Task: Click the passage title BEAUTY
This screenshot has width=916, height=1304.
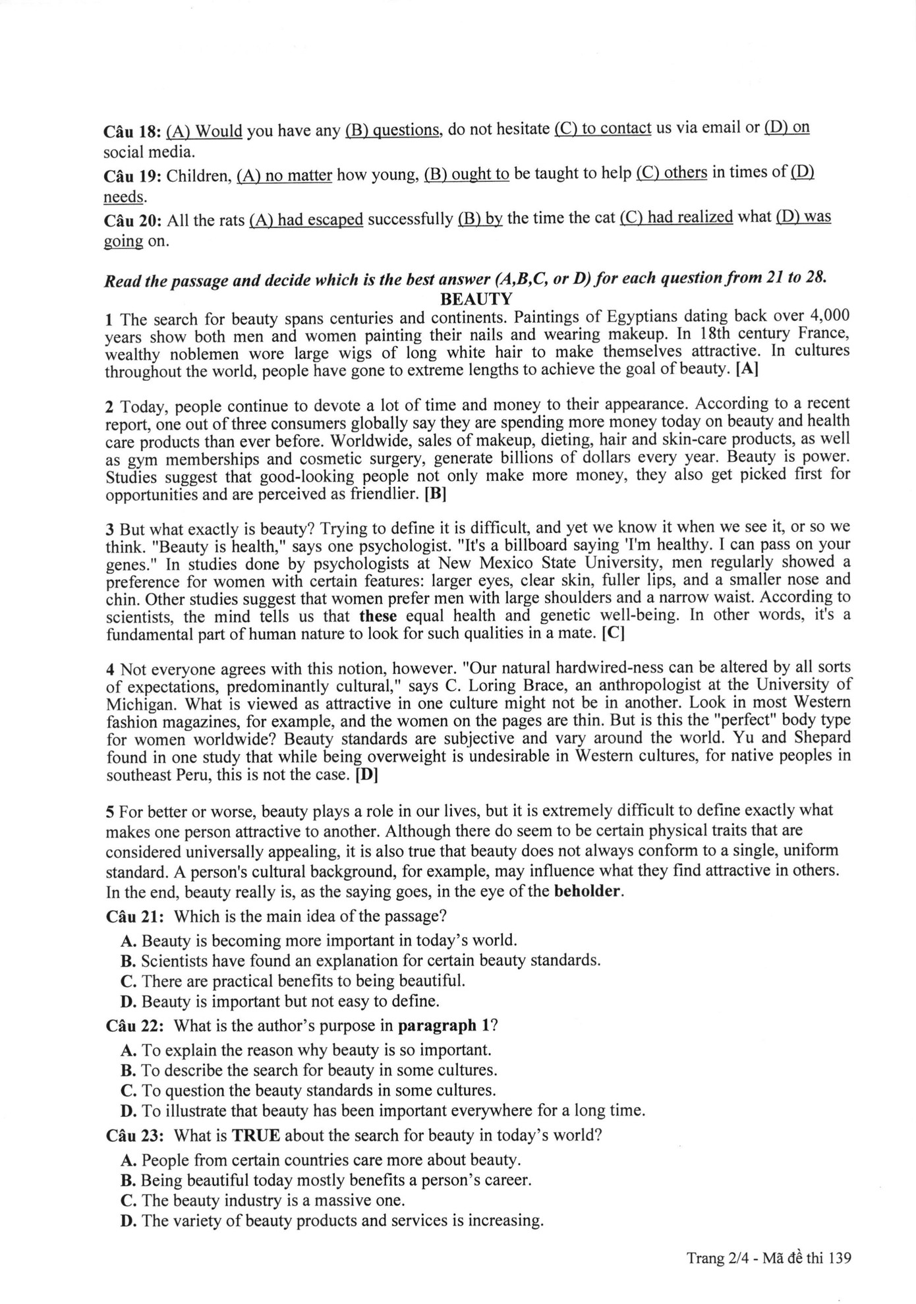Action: [x=476, y=299]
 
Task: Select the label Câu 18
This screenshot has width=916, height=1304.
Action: [x=132, y=132]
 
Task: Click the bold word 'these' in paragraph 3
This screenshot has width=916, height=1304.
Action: [x=378, y=617]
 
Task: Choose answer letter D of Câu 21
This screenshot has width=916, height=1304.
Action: [x=129, y=1002]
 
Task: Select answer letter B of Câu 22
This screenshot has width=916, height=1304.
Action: [x=129, y=1069]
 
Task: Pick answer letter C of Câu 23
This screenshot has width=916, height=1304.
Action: [x=129, y=1200]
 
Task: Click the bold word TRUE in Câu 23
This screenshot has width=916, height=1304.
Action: [x=255, y=1135]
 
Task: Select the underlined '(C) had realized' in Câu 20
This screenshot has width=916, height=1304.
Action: [x=676, y=217]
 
